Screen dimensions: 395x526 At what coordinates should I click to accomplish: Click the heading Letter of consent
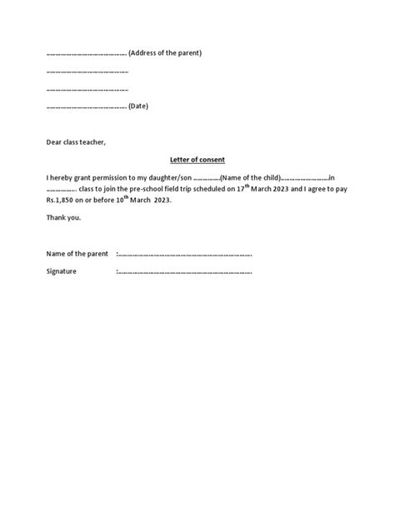point(197,159)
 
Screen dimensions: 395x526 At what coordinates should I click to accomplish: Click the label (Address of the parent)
point(166,53)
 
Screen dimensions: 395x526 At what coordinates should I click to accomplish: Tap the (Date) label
point(138,107)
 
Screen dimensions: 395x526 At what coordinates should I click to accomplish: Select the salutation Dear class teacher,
point(77,141)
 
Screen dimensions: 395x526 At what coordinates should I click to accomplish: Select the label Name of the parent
point(77,253)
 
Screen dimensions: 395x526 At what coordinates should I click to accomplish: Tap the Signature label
point(62,271)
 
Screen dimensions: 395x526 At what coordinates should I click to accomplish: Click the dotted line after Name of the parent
point(185,254)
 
